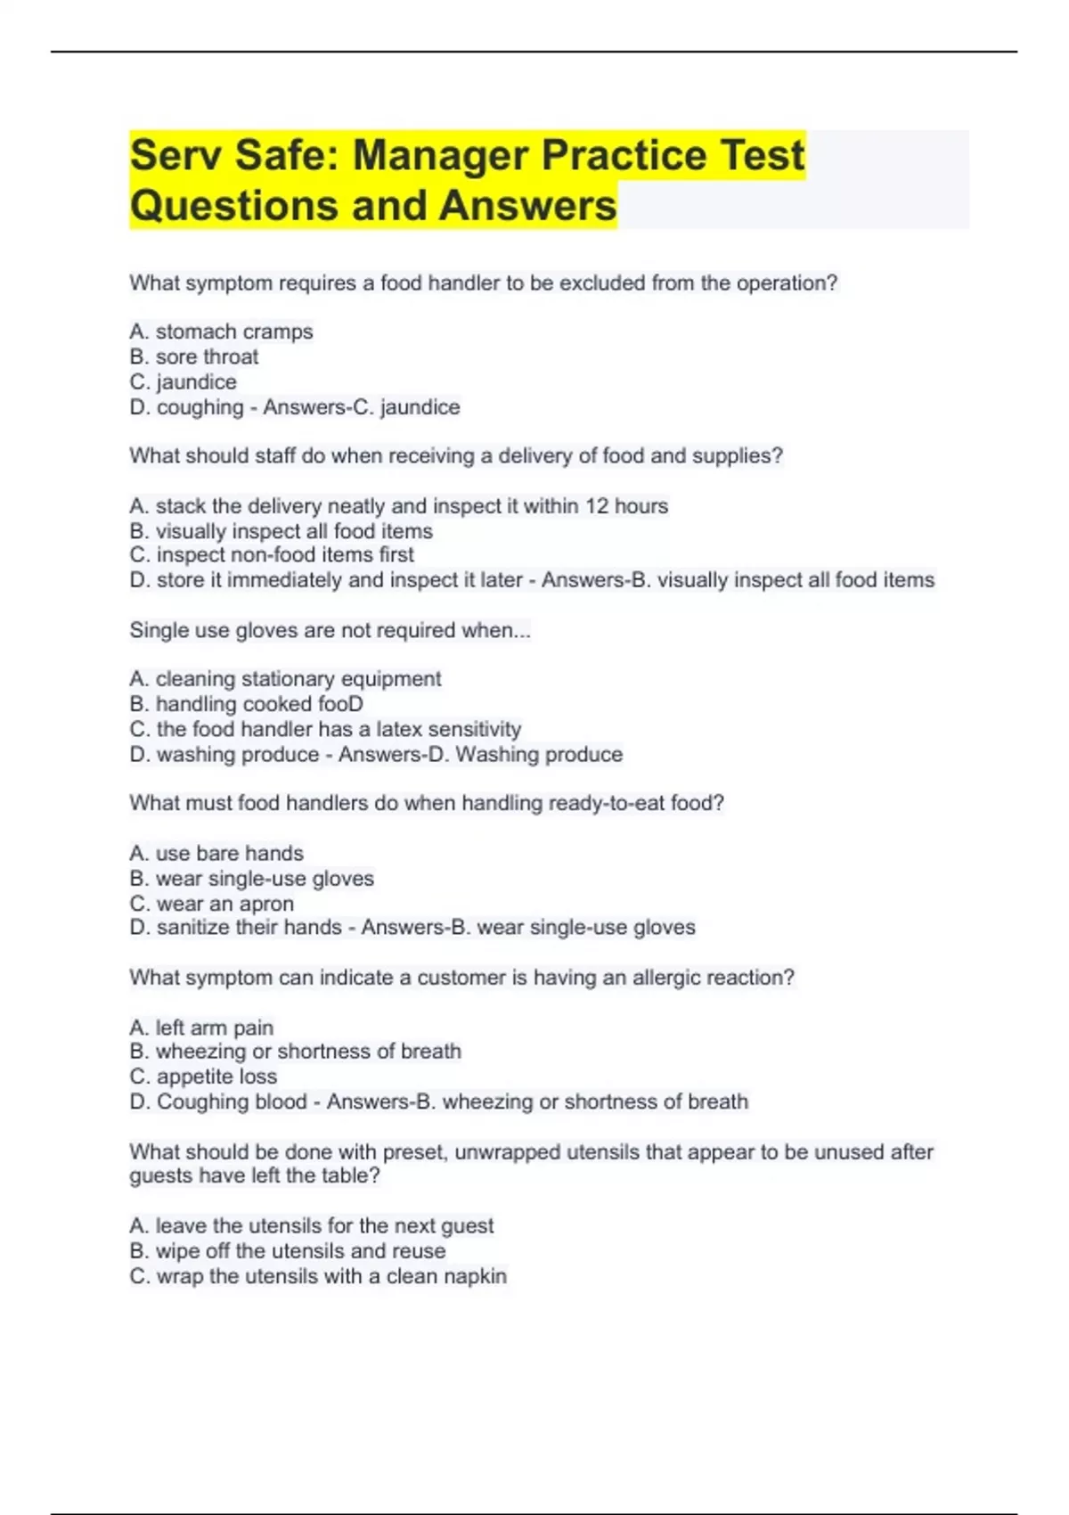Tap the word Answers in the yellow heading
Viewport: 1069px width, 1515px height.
coord(527,205)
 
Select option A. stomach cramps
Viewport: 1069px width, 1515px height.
coord(221,332)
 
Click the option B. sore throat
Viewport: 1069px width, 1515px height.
coord(194,356)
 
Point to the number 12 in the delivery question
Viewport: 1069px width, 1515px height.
coord(597,506)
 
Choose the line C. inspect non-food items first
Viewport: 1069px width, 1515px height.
coord(272,554)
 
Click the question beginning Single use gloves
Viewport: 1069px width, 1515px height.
coord(330,630)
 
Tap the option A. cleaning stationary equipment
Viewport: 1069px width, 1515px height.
coord(285,679)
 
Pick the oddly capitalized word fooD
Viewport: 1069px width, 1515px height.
coord(340,704)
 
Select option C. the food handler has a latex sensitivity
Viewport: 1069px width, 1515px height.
coord(325,729)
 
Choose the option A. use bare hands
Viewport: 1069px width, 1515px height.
coord(216,853)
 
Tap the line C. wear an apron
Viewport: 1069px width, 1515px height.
coord(212,904)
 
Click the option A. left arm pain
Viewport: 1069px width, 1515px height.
coord(201,1028)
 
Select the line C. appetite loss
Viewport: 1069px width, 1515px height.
coord(203,1077)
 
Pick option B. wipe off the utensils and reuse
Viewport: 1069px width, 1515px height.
coord(288,1251)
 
